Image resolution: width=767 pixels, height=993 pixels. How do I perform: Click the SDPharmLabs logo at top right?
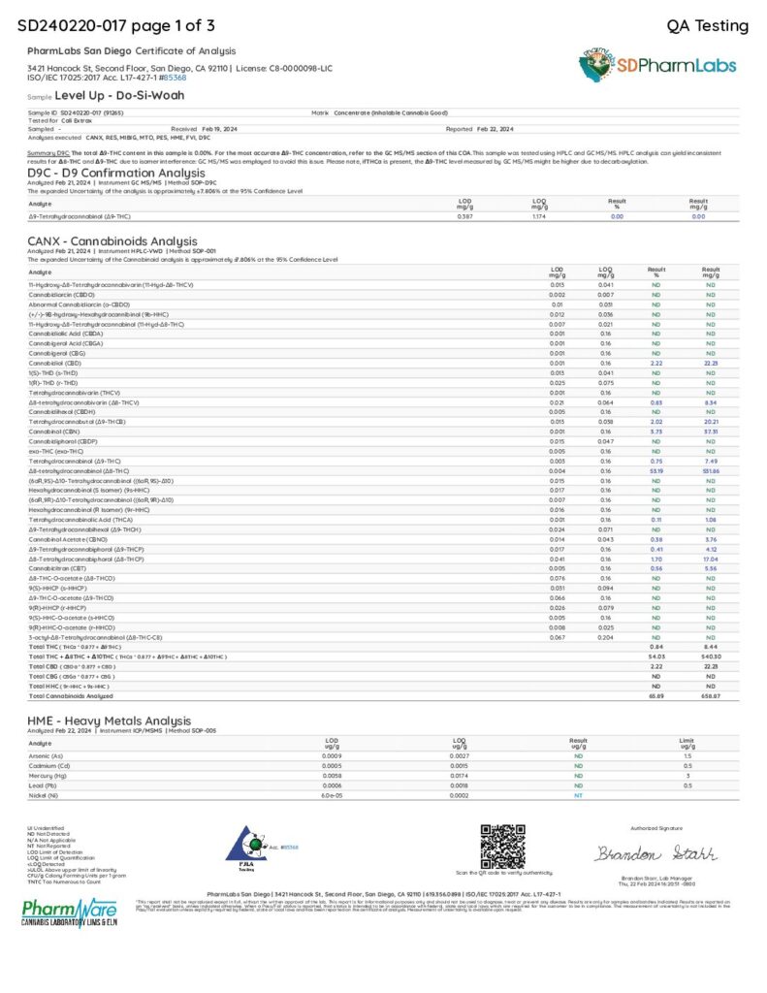tap(660, 65)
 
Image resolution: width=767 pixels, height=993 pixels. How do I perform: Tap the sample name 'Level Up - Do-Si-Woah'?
tap(119, 96)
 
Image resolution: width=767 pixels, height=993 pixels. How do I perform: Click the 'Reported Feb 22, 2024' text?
tap(479, 128)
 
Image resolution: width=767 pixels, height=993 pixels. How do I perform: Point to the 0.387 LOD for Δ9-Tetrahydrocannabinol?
tap(464, 216)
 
